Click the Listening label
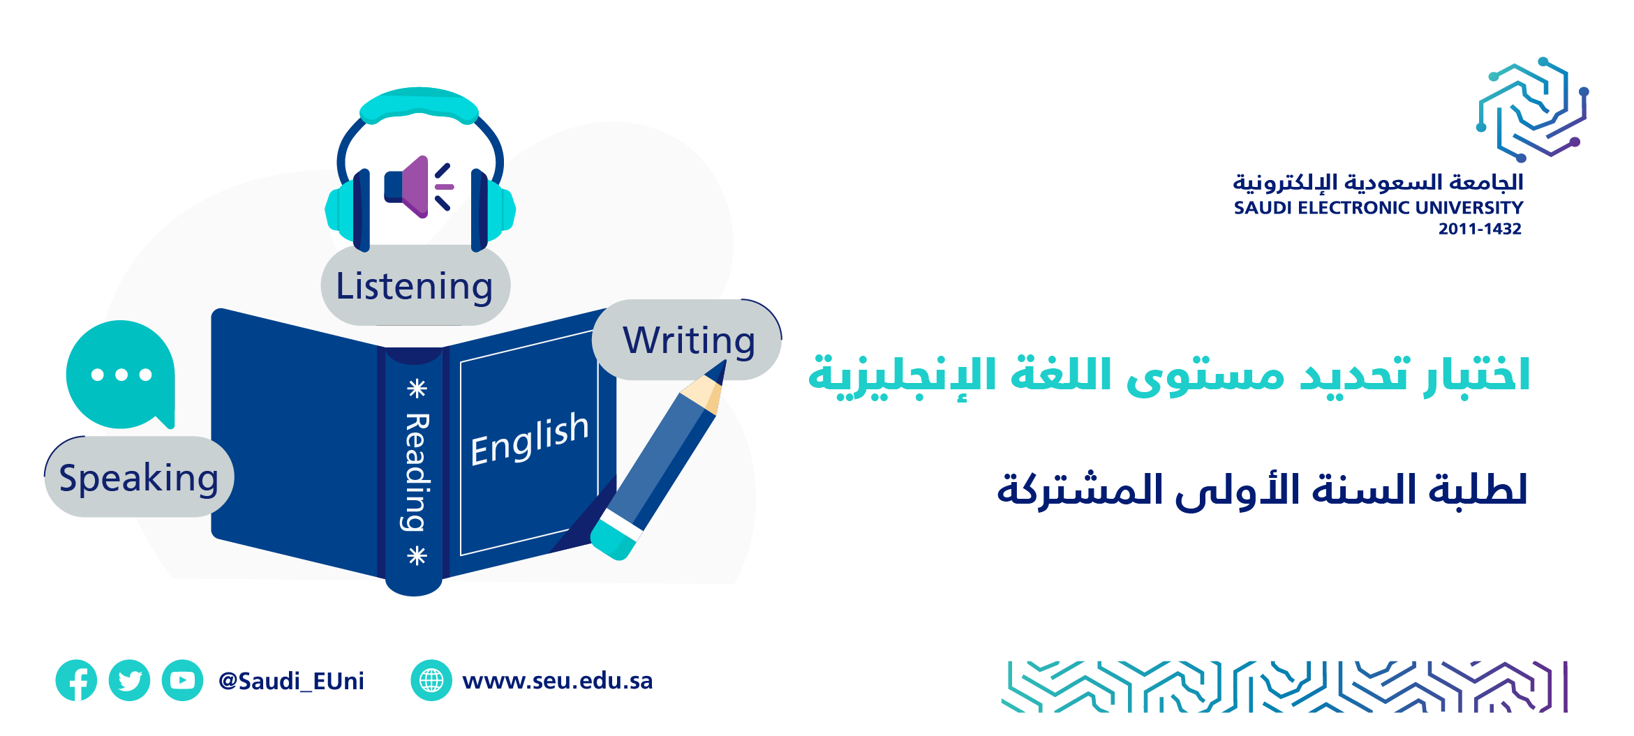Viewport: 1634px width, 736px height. pos(415,285)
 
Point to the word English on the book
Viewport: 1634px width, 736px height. pos(530,438)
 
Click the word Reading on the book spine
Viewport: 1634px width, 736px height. pos(417,472)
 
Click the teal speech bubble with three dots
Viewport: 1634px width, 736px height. pos(121,375)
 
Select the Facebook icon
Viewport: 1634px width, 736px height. pos(77,680)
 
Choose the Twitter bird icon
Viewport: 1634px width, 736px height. pos(130,680)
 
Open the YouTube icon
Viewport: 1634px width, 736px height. pos(183,680)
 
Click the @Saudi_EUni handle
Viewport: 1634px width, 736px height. pos(291,681)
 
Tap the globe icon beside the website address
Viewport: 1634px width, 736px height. pos(431,680)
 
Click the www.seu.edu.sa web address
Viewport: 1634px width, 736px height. pos(557,680)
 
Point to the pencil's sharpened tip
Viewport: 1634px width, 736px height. pos(724,363)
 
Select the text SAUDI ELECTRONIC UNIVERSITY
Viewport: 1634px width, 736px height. pos(1378,207)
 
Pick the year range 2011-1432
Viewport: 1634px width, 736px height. pos(1480,229)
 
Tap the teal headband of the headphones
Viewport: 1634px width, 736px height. pos(419,105)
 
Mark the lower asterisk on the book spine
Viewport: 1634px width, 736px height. pos(417,556)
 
